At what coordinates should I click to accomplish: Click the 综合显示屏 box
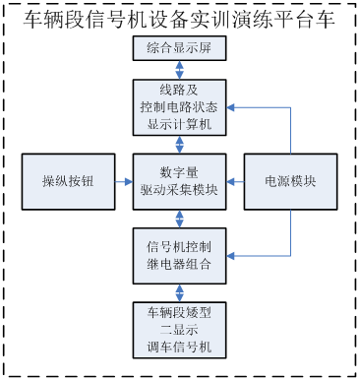pos(179,49)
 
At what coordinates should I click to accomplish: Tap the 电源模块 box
pos(290,181)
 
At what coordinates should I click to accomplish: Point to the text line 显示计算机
pos(179,124)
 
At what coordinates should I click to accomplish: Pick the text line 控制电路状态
pos(179,107)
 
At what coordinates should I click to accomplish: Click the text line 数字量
pos(179,172)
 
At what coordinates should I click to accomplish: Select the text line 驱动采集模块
pos(179,190)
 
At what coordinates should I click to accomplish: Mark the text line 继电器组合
pos(179,263)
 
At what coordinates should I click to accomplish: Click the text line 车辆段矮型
pos(179,312)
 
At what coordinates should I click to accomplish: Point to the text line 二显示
pos(179,329)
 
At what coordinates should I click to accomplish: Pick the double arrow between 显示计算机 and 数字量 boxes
pos(179,144)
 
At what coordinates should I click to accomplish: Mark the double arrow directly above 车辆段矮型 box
pos(179,291)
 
